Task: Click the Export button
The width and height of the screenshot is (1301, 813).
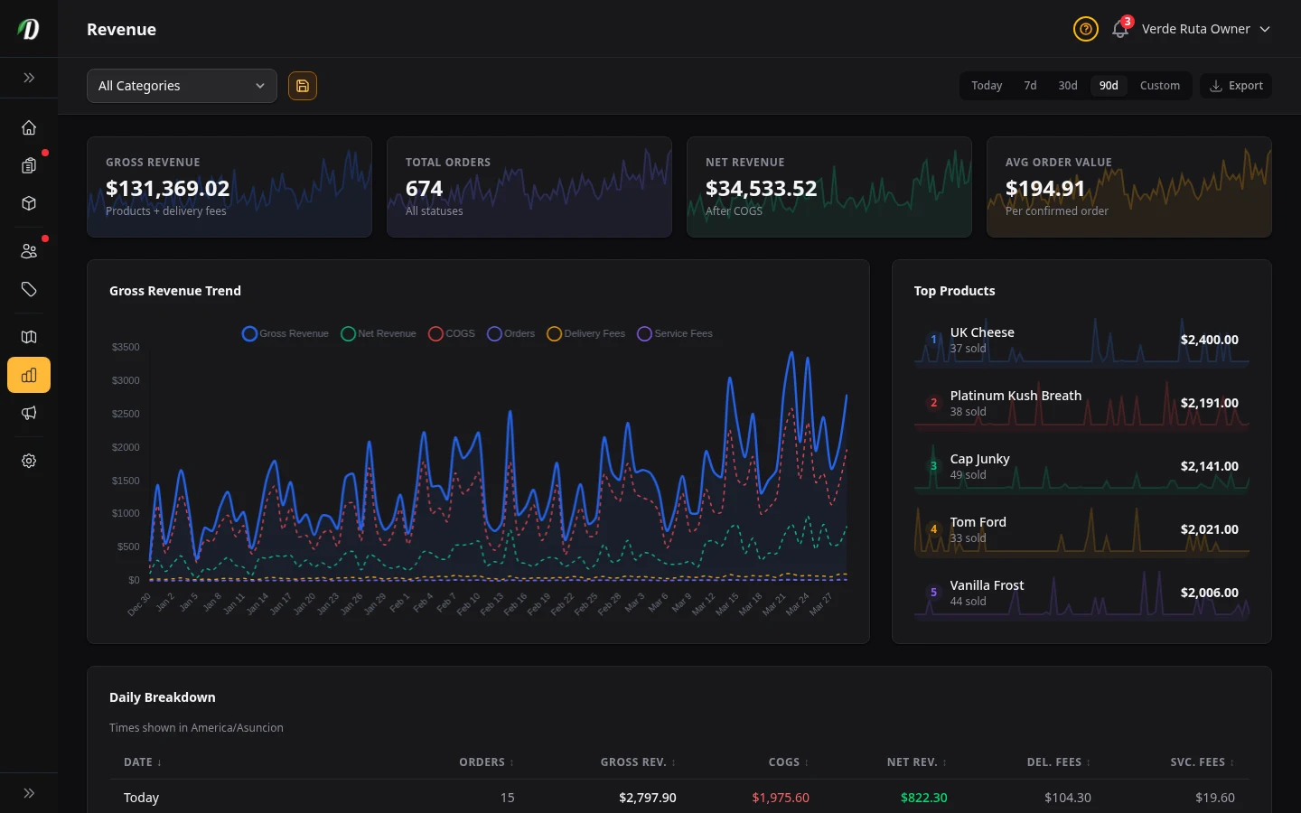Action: point(1236,86)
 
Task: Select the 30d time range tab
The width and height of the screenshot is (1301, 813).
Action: point(1067,86)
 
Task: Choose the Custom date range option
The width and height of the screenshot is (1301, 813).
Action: point(1159,86)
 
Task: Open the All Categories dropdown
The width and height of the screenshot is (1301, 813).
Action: point(182,86)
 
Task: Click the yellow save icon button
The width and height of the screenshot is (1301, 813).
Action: point(303,86)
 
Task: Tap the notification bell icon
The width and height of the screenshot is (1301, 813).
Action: point(1119,30)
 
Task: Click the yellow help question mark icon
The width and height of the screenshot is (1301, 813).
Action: point(1085,30)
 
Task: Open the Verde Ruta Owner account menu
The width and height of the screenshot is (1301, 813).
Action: point(1205,30)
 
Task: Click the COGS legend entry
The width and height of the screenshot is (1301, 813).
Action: point(452,333)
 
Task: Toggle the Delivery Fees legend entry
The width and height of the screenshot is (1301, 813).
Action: point(586,333)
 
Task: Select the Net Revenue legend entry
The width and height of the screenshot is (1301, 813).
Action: point(379,333)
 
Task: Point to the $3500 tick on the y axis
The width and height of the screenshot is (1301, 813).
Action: point(126,347)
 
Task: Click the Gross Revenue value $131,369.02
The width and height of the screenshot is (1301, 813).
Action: point(168,189)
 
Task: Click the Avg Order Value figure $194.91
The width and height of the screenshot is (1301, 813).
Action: point(1045,189)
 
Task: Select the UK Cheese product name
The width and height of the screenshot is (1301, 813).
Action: point(982,332)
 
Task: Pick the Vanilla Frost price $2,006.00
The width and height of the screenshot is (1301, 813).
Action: point(1209,593)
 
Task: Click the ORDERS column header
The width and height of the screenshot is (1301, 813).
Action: point(482,762)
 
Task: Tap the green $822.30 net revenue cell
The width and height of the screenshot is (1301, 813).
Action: point(923,798)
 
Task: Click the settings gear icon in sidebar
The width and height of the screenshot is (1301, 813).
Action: point(29,461)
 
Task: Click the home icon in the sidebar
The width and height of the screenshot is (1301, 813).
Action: point(29,127)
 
